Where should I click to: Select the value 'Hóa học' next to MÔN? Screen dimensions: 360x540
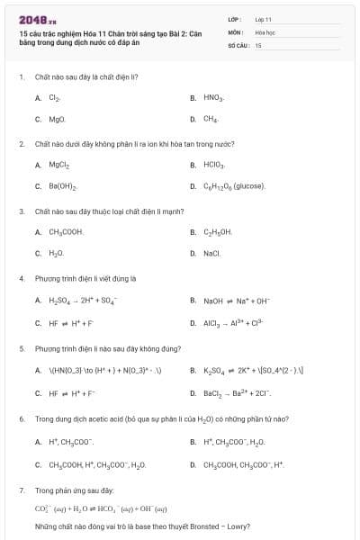pos(264,31)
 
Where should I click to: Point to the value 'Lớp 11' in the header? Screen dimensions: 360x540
pos(263,19)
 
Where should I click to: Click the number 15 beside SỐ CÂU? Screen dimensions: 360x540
pos(257,45)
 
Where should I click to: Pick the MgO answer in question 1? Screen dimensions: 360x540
pos(57,119)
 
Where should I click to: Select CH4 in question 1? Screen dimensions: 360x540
pos(211,119)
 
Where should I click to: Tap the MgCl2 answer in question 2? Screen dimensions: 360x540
pos(59,165)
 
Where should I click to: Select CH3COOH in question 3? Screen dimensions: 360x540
pos(66,232)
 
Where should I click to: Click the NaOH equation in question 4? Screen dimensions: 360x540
pos(236,301)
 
